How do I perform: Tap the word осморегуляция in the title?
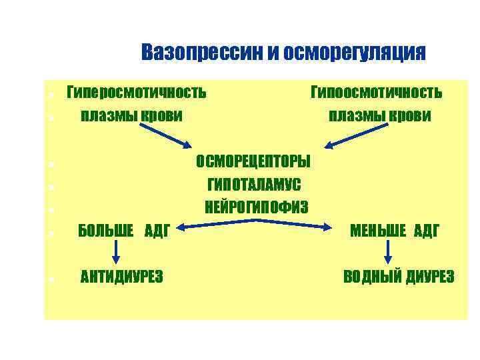[354, 53]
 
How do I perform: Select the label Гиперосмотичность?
[136, 91]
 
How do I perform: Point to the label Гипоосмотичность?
[377, 91]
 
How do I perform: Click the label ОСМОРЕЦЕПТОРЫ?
[253, 162]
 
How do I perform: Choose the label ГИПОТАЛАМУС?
[254, 184]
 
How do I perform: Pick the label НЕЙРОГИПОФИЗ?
[257, 207]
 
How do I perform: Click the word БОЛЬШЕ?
[107, 231]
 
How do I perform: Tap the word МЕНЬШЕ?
[377, 231]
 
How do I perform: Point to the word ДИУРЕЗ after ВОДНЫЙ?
[431, 276]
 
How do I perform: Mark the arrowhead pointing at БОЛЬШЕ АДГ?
[181, 229]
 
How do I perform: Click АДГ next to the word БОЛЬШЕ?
[157, 231]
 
